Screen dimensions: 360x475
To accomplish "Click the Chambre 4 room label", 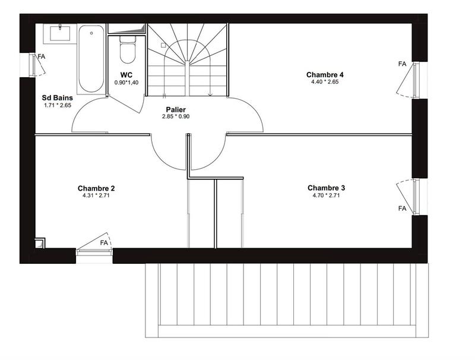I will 325,75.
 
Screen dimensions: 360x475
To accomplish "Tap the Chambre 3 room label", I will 326,188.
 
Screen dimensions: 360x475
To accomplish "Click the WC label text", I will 126,75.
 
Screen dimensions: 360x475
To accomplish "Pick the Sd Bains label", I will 57,97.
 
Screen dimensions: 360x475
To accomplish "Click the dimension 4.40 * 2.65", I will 325,82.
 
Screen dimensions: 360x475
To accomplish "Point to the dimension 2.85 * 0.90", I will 176,116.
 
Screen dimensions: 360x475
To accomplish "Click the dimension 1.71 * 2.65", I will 57,105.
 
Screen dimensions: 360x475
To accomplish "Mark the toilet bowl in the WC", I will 126,50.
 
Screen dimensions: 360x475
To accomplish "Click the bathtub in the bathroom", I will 90,58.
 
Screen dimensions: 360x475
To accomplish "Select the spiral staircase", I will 188,59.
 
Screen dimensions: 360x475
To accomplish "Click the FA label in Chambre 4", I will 402,64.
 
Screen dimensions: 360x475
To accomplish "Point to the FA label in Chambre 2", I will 104,243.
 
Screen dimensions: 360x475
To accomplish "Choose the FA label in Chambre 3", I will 402,209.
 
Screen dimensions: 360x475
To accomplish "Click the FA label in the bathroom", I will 42,56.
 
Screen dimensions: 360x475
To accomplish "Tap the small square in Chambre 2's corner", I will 40,242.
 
